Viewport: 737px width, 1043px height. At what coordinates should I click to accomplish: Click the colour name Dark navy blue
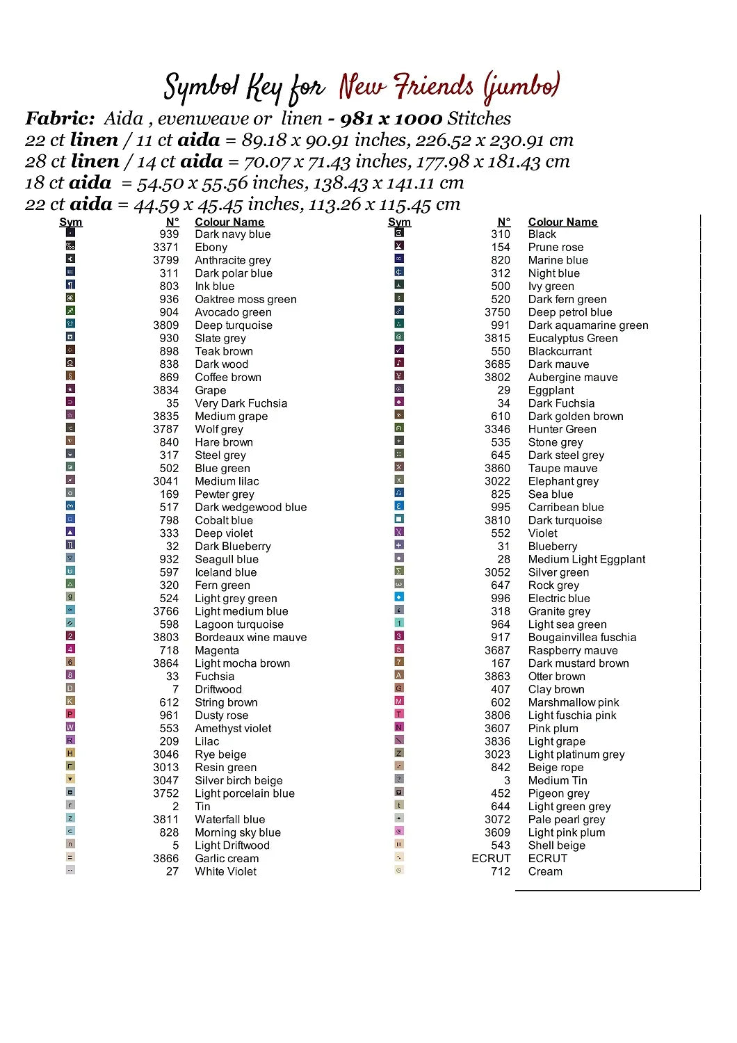tap(232, 234)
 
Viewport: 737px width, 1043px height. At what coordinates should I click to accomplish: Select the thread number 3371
tap(165, 248)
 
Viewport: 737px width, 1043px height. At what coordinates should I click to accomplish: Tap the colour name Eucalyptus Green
tap(572, 339)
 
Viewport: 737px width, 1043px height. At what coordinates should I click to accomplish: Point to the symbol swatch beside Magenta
tap(70, 649)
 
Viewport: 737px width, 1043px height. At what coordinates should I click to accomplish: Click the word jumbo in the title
tap(521, 88)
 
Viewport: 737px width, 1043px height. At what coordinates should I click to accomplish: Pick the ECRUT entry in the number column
tap(491, 859)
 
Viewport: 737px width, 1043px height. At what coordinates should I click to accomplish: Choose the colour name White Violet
tap(225, 872)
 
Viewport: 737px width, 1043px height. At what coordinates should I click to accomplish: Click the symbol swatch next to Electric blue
tap(399, 597)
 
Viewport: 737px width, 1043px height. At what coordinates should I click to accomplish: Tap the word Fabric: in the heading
tap(60, 119)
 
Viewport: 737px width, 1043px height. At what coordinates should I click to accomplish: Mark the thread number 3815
tap(497, 339)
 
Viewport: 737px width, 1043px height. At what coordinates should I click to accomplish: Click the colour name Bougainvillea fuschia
tap(582, 638)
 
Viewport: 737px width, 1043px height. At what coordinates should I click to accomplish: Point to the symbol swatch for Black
tap(399, 233)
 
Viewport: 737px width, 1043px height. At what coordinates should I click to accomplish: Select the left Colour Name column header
tap(229, 223)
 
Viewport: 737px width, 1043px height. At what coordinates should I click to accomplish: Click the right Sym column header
tap(399, 223)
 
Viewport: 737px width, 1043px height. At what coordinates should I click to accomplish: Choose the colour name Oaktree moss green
tap(245, 300)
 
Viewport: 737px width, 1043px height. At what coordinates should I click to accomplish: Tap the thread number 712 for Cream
tap(501, 872)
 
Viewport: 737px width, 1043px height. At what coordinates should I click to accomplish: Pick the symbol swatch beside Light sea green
tap(399, 623)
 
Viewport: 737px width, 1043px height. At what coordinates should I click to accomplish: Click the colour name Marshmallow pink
tap(573, 703)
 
